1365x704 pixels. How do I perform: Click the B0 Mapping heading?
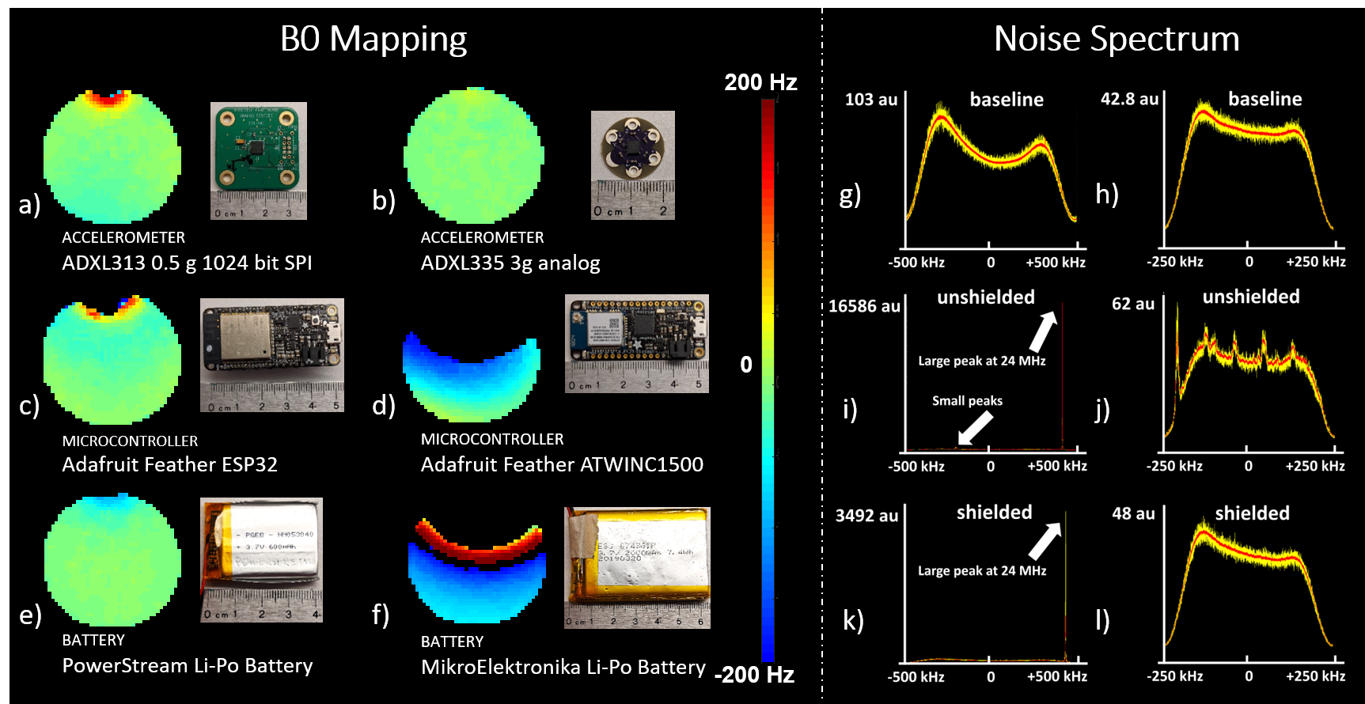click(373, 39)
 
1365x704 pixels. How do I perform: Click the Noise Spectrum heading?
click(1117, 39)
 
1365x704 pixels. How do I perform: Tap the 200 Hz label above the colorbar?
click(760, 82)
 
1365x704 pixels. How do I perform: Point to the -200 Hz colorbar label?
click(754, 675)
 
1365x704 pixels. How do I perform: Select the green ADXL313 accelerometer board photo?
click(259, 161)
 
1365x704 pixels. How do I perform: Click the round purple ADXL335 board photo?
click(632, 165)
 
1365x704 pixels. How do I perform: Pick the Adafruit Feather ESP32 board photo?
click(272, 355)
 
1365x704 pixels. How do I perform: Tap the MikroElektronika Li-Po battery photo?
click(637, 567)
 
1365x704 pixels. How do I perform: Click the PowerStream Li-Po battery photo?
click(261, 559)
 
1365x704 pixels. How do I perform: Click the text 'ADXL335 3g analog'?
click(510, 263)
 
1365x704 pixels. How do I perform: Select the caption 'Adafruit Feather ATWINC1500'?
click(562, 464)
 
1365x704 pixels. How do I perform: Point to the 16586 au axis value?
click(864, 306)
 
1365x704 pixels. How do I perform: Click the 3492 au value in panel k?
click(866, 516)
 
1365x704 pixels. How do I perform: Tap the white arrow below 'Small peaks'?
click(975, 428)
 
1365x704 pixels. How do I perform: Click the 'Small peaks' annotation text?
click(967, 401)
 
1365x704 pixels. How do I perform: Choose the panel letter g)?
click(850, 195)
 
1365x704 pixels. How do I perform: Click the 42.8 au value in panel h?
click(1129, 99)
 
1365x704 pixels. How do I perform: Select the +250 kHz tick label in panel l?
click(1315, 676)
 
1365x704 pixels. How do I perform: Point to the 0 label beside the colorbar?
click(746, 365)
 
